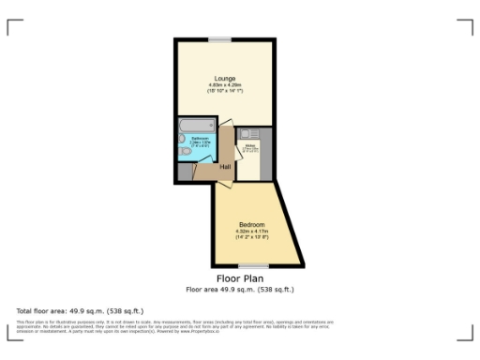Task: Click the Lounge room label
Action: (224, 77)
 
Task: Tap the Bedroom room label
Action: (251, 225)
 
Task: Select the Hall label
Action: (226, 168)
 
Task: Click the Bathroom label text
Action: (201, 138)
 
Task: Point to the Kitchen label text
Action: (250, 146)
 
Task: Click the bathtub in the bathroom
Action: (196, 125)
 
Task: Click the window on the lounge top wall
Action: (220, 38)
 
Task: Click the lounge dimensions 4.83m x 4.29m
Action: (224, 87)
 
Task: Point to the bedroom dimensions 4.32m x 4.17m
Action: (251, 234)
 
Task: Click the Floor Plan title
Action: (240, 279)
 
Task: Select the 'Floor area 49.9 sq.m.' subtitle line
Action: (240, 290)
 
